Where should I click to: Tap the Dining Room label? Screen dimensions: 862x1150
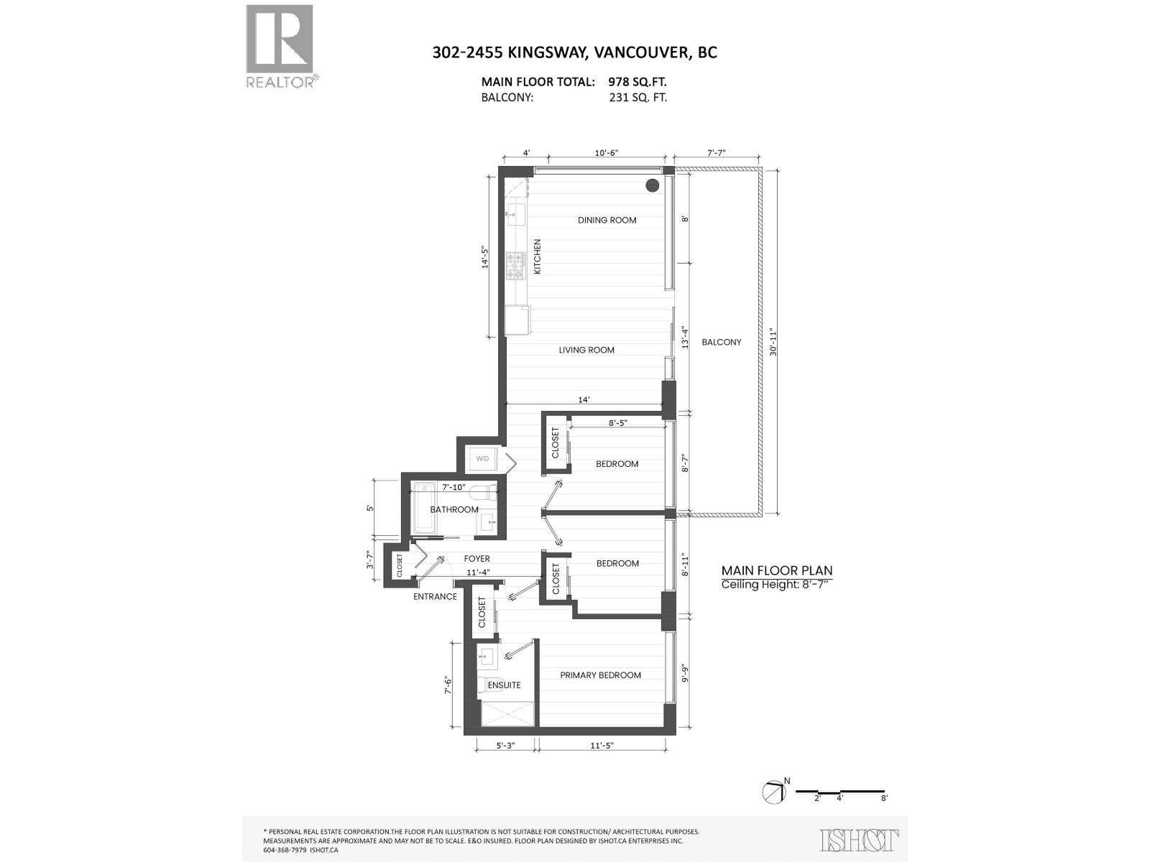point(607,220)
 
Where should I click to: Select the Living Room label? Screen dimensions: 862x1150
point(586,350)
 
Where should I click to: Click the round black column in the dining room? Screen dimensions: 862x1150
point(652,185)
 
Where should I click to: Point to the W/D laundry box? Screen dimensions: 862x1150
point(482,459)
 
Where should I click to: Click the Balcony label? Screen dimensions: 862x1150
point(721,342)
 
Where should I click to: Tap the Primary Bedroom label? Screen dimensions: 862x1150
point(600,675)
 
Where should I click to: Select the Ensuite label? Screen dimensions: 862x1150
point(504,685)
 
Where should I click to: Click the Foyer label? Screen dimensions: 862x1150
point(477,558)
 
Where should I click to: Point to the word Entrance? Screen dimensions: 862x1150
point(435,596)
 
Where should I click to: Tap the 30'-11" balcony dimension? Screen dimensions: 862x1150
point(772,342)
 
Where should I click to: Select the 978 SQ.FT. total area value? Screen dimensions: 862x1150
point(638,82)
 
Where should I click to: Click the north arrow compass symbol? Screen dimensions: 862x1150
point(773,792)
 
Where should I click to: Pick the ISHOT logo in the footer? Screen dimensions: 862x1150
point(859,840)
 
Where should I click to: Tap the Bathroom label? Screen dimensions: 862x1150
point(454,509)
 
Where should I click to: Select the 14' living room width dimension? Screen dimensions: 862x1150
point(584,399)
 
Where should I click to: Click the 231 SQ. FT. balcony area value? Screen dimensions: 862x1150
point(638,98)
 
